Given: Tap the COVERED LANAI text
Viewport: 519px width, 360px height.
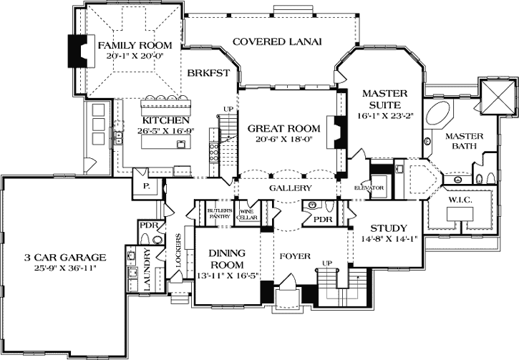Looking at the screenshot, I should point(276,42).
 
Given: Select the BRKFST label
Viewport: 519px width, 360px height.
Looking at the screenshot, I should point(208,73).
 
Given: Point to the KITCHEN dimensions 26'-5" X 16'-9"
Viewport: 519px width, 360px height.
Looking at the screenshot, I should point(165,132).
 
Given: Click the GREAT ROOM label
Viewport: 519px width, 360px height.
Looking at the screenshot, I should point(283,128).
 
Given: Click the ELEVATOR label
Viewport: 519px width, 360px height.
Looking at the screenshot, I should point(370,188).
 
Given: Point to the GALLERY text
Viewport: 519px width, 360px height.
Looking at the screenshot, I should point(290,188).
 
